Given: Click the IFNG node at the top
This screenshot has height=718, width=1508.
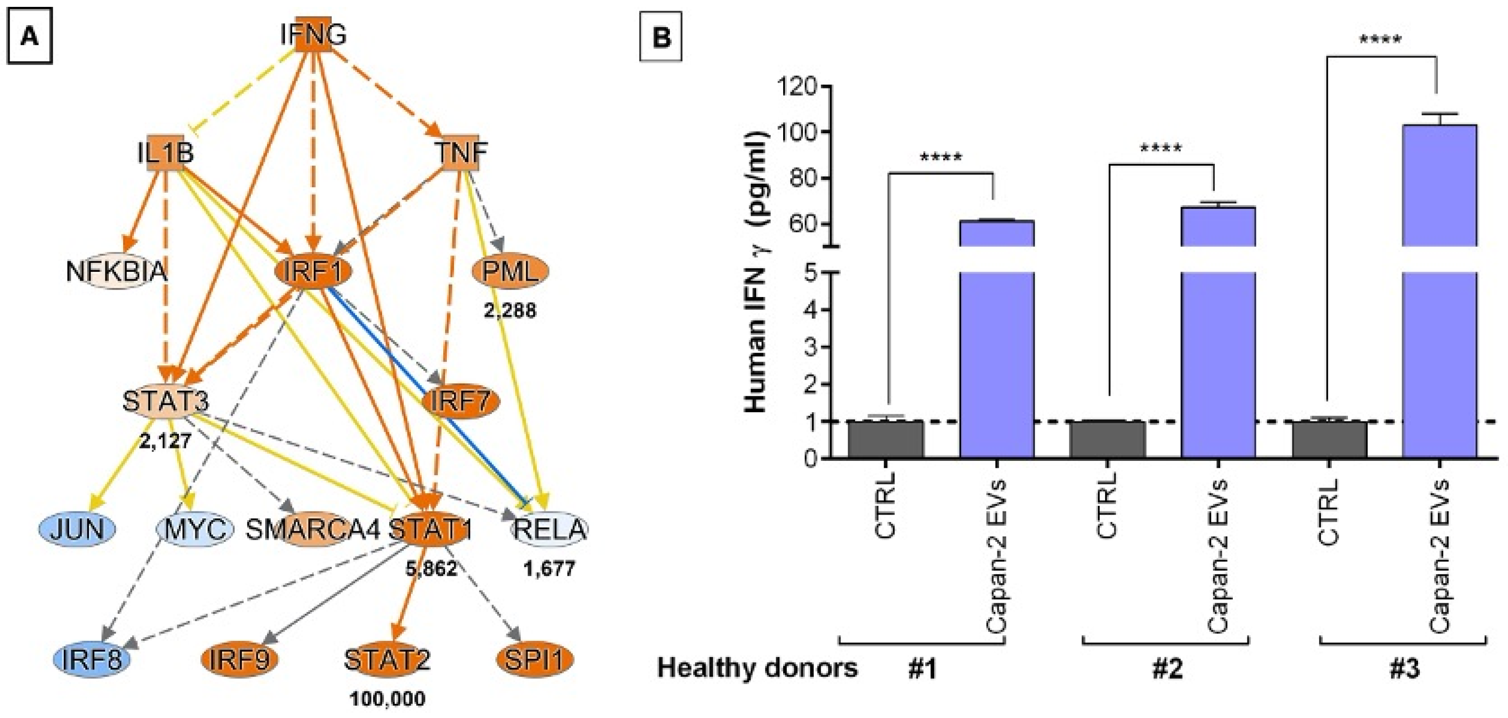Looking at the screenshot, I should (313, 35).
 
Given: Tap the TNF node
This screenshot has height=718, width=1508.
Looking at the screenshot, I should (462, 153).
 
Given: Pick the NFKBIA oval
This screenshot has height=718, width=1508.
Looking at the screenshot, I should (117, 272).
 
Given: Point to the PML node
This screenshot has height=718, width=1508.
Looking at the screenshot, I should (511, 271).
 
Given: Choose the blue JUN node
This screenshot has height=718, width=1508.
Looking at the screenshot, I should (77, 529).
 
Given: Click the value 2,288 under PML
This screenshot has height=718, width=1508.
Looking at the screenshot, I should (510, 310).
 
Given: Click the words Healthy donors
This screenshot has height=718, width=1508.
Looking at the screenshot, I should (757, 668).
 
